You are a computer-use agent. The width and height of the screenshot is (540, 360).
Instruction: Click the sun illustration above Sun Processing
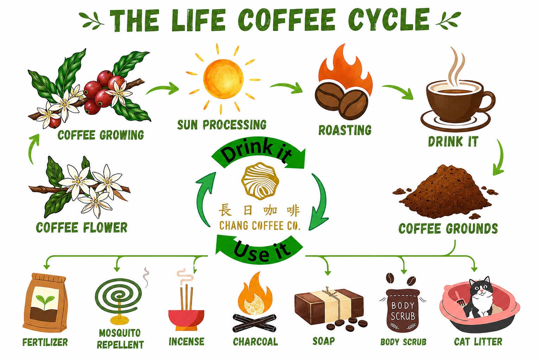click(223, 79)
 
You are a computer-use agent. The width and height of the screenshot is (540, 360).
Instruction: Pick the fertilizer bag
click(45, 303)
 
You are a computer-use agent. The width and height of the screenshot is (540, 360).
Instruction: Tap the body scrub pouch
click(403, 310)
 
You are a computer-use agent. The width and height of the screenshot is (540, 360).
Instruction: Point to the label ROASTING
click(345, 130)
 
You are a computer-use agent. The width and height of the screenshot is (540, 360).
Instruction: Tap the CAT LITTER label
click(478, 342)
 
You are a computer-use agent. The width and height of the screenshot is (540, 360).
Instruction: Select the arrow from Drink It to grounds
click(500, 158)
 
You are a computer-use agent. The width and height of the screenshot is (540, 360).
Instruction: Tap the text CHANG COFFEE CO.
click(260, 226)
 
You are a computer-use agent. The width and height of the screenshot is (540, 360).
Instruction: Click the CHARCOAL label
click(255, 342)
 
